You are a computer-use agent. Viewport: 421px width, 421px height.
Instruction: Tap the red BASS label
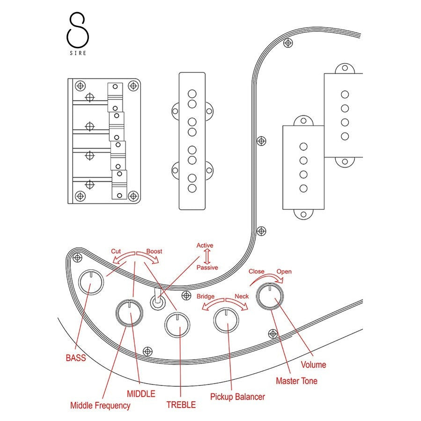pos(76,358)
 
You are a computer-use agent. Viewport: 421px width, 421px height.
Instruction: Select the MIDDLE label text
pos(141,394)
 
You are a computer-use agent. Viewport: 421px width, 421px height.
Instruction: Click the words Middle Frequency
pos(100,406)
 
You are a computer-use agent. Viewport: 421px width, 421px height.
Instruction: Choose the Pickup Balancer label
pos(237,397)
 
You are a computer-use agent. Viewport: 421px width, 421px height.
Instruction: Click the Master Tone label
pos(296,381)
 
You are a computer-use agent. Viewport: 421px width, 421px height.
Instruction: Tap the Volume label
pos(313,364)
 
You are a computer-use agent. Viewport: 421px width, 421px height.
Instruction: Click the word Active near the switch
pos(205,245)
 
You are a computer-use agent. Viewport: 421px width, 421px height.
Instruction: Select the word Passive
pos(207,267)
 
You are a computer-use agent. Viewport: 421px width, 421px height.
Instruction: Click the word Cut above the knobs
pos(116,251)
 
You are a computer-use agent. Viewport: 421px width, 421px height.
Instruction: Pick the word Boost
pos(154,251)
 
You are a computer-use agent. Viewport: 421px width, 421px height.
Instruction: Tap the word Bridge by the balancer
pos(206,296)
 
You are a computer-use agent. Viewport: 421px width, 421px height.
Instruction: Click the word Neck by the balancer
pos(242,296)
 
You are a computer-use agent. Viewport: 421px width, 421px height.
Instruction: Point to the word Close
pos(256,271)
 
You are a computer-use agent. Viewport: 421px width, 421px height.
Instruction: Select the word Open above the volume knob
pos(284,271)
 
